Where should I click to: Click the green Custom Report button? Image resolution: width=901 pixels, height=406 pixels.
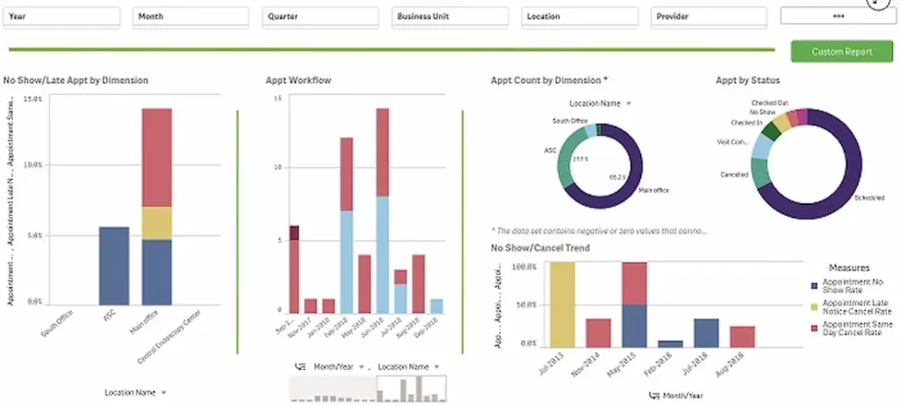point(842,52)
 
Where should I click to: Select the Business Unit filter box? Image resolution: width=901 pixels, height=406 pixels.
point(450,16)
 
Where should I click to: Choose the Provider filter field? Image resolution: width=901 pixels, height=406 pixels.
point(710,16)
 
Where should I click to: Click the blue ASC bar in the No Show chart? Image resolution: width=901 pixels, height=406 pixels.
point(114,264)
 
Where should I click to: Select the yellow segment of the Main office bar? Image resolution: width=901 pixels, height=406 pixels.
point(157,223)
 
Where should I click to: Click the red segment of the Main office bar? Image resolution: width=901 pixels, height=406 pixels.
point(157,157)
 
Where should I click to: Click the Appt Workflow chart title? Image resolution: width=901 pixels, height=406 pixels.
point(298,80)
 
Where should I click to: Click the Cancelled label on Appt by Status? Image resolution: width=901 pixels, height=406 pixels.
point(735,174)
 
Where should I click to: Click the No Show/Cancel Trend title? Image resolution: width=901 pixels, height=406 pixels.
point(539,247)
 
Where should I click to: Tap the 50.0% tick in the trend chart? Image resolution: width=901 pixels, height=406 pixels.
point(526,305)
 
